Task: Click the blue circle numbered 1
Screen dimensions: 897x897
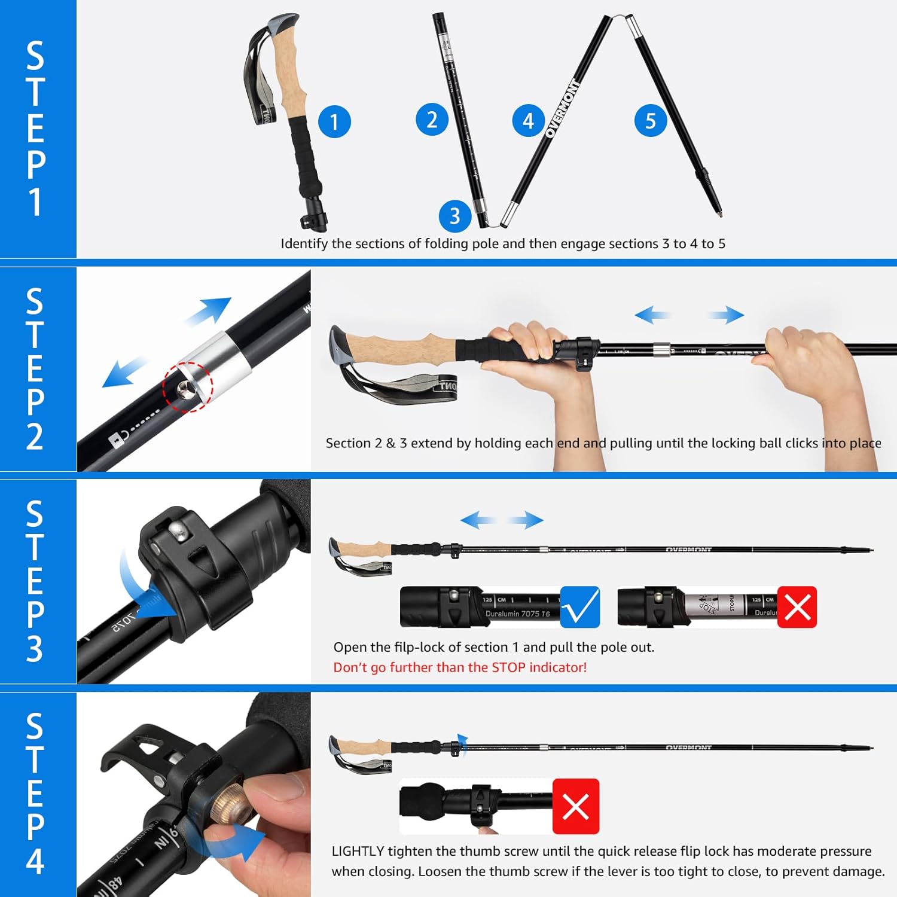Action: coord(334,122)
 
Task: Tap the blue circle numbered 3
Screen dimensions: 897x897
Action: coord(455,216)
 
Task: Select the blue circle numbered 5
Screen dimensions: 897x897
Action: coord(651,121)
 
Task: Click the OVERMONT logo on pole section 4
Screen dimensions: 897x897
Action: coord(562,109)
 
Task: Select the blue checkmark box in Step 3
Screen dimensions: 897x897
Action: coord(580,607)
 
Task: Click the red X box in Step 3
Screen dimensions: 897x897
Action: coord(797,607)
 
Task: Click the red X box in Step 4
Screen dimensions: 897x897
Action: coord(575,806)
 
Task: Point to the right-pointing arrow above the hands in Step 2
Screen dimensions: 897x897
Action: coord(727,315)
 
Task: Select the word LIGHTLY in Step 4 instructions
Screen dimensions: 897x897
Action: coord(358,851)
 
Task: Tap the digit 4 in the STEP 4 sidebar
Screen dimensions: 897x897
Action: coord(35,861)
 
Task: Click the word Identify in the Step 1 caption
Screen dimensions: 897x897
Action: coord(304,243)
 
